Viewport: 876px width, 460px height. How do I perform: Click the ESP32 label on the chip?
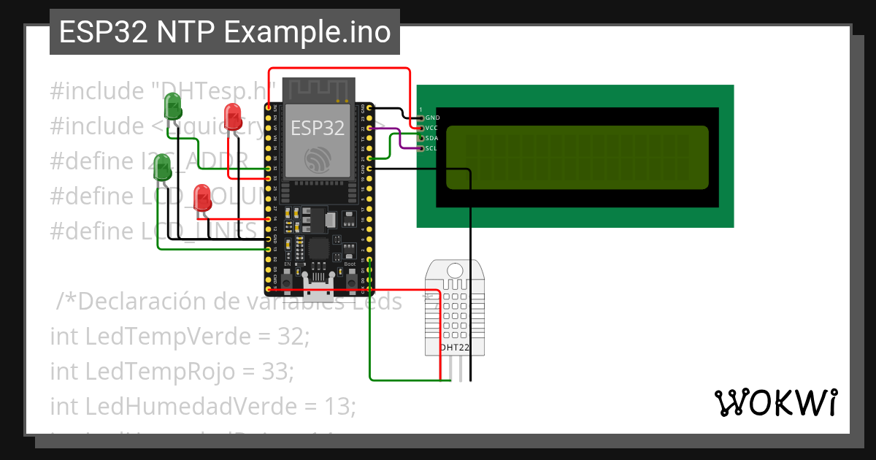pyautogui.click(x=317, y=128)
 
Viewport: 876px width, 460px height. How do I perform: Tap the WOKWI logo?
pyautogui.click(x=775, y=402)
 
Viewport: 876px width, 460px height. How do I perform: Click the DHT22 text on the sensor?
pyautogui.click(x=454, y=348)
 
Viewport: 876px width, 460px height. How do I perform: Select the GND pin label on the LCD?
pyautogui.click(x=432, y=118)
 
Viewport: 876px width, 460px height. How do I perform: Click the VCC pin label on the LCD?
pyautogui.click(x=432, y=128)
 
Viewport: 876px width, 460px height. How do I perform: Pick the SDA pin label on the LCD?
pyautogui.click(x=432, y=138)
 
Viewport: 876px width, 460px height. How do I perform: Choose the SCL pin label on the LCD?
pyautogui.click(x=432, y=148)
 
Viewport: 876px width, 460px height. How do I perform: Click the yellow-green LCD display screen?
pyautogui.click(x=577, y=158)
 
